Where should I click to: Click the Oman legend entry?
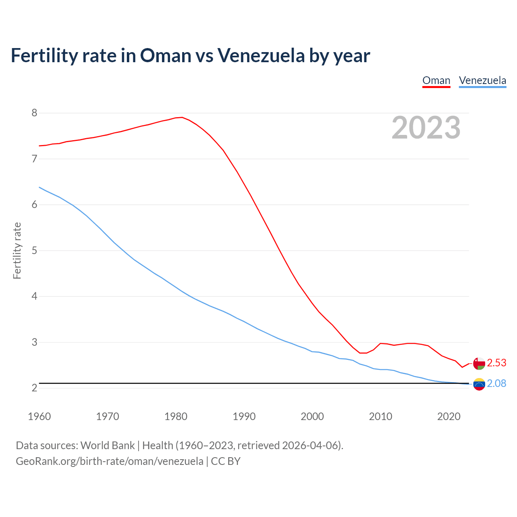[436, 80]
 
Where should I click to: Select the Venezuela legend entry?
[482, 80]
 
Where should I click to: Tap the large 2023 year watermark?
[426, 128]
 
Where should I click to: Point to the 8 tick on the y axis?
[34, 113]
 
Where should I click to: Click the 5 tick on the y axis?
[34, 250]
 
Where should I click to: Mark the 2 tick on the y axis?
[34, 388]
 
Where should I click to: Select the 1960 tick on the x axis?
[39, 416]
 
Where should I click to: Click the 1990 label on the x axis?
[244, 416]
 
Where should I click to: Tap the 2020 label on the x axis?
[449, 416]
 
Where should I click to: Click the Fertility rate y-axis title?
[17, 250]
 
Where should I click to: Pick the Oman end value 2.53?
[496, 363]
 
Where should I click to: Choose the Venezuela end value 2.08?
[496, 384]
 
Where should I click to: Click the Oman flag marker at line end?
[479, 364]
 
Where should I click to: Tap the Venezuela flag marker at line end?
[479, 384]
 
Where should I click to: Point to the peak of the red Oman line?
[182, 118]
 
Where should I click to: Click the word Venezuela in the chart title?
[261, 55]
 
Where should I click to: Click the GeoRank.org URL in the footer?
[109, 461]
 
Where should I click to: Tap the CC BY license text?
[226, 461]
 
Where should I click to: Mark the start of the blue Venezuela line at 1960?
[40, 187]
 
